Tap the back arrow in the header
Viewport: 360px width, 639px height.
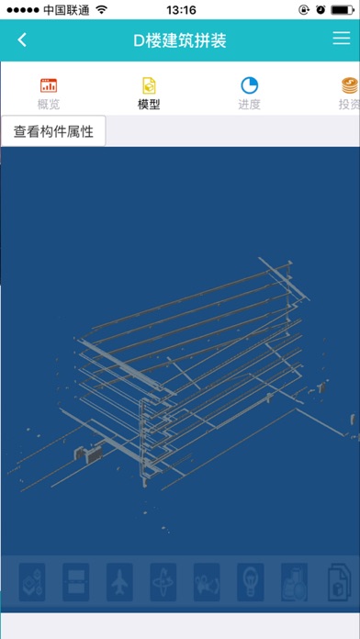(22, 40)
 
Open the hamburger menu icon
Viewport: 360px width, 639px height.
(342, 38)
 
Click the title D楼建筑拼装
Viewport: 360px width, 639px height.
(180, 40)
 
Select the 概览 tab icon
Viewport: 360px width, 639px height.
(49, 85)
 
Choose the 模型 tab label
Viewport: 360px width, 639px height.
(149, 105)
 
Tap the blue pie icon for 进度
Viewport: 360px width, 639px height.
(249, 85)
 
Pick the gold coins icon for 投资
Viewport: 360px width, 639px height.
(350, 85)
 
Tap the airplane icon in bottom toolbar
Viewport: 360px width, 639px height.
(119, 582)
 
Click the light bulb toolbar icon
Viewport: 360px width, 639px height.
(251, 582)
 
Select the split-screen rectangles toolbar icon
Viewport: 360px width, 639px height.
(76, 582)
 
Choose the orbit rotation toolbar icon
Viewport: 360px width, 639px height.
(163, 582)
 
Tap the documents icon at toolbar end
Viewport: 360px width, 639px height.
(339, 582)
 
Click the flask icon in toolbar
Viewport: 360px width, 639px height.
(295, 582)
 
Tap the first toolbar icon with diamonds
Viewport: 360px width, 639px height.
(32, 582)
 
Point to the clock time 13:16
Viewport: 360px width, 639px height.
(182, 10)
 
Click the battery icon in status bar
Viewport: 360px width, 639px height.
(342, 10)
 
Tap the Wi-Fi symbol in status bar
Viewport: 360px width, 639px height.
(101, 10)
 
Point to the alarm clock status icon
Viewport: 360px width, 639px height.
(321, 10)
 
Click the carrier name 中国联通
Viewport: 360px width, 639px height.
(66, 10)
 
